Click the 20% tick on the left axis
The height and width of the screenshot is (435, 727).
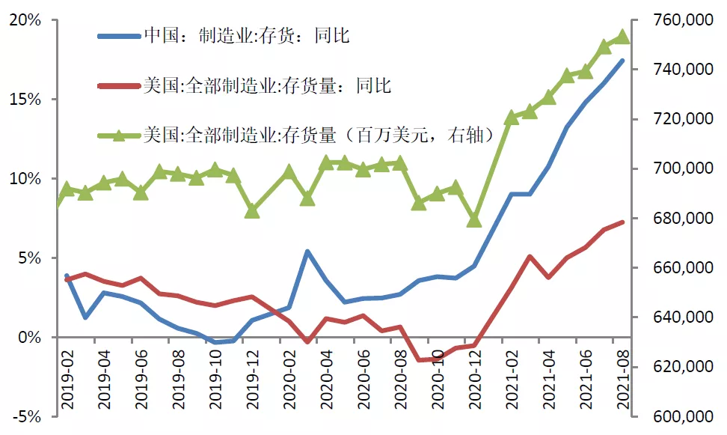[27, 20]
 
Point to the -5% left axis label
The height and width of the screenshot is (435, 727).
[28, 417]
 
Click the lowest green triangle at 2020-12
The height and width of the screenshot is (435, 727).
[474, 220]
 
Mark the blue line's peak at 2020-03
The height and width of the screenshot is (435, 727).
[307, 252]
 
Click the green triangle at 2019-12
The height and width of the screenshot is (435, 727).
[252, 211]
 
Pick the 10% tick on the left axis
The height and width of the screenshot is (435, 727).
[27, 179]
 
